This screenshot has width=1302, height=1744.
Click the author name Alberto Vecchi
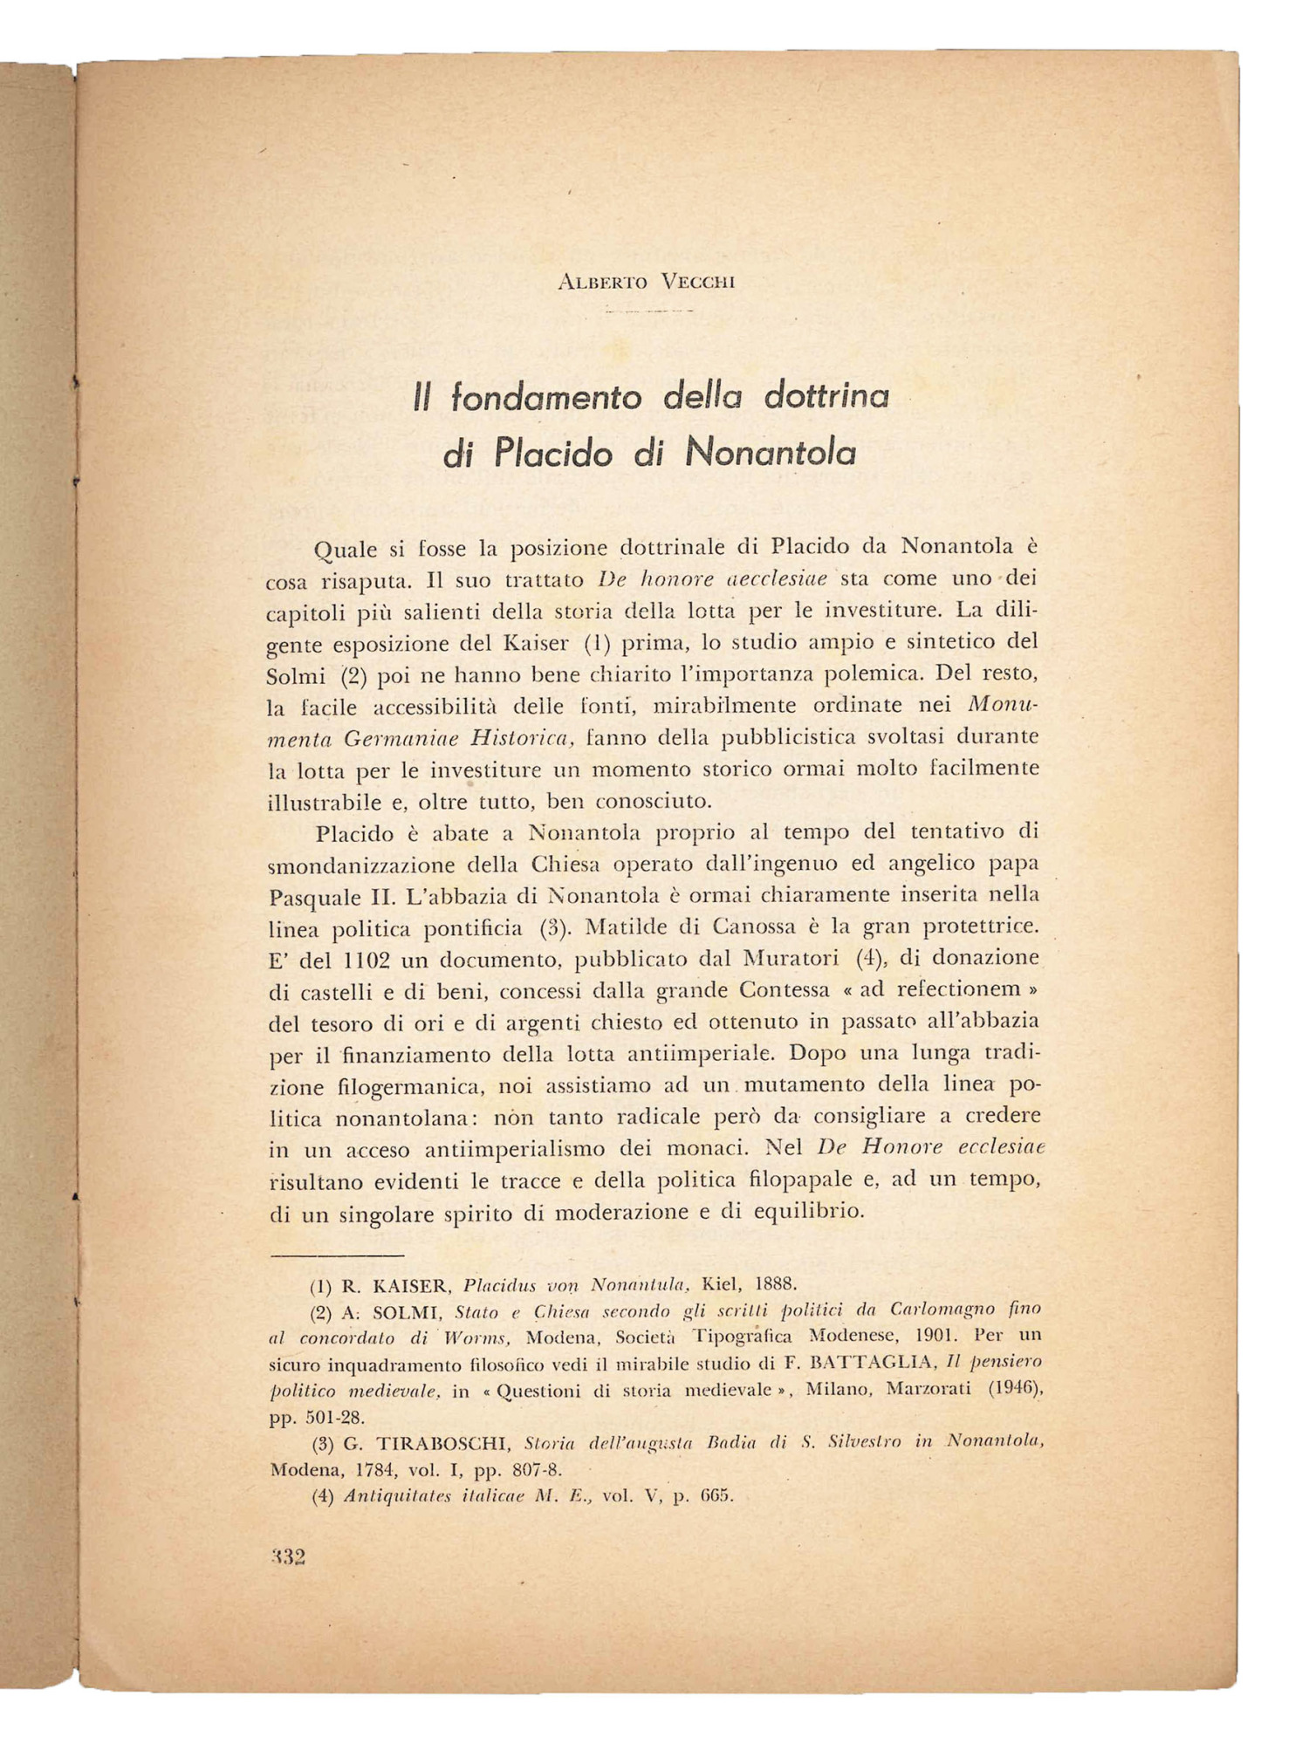pos(647,282)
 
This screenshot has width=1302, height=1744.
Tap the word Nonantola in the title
pos(770,454)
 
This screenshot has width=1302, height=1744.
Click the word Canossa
pos(757,926)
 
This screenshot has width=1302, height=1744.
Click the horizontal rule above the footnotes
pos(338,1255)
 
